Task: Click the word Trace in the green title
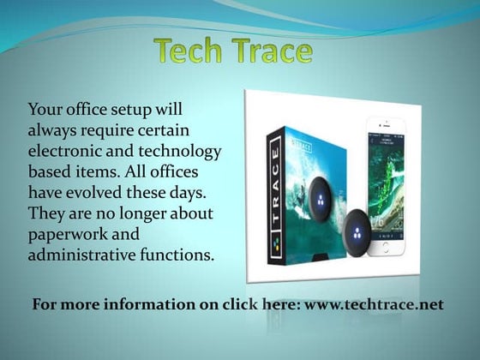click(271, 52)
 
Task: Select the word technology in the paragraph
click(182, 151)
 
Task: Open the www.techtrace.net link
click(373, 303)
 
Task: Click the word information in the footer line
click(145, 303)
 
